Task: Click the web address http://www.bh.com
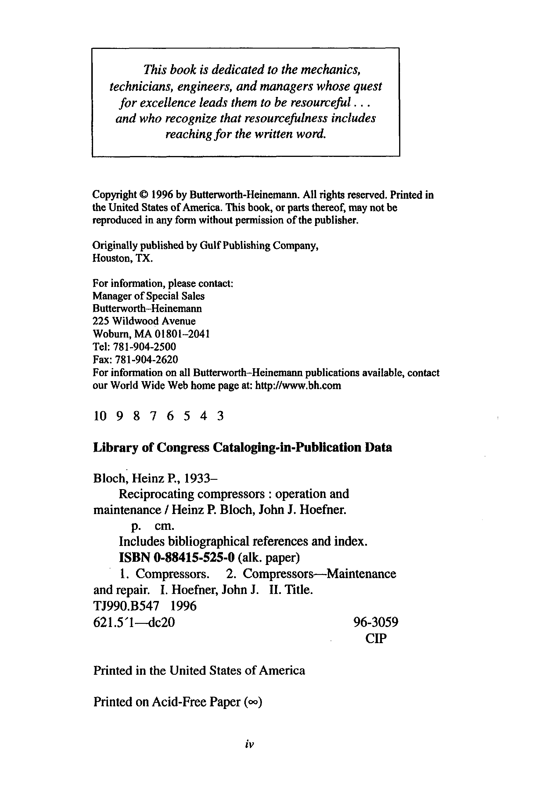click(298, 386)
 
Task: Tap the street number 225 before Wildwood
click(101, 321)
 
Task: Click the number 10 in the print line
click(100, 416)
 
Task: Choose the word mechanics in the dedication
click(331, 70)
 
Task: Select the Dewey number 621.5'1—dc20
click(134, 622)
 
